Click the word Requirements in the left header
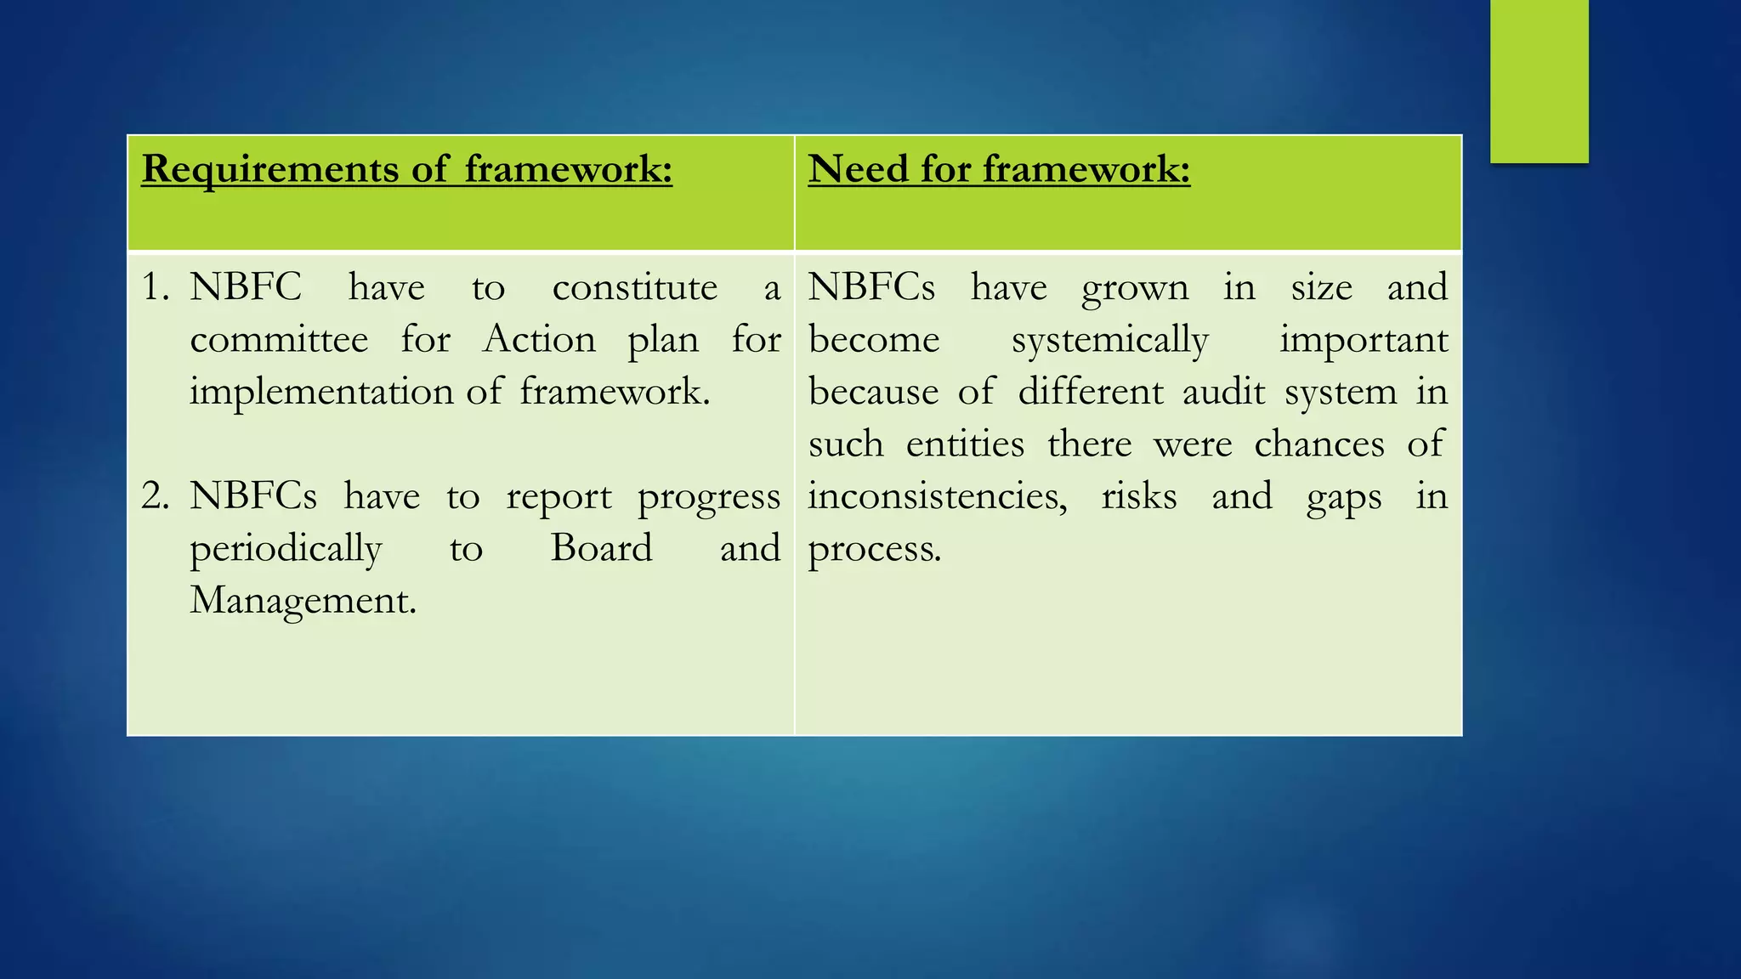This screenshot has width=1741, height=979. coord(269,169)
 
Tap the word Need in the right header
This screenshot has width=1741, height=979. coord(857,168)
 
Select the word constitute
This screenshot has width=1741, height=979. coord(634,288)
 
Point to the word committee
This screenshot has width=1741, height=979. coord(279,340)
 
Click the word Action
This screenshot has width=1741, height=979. coord(539,340)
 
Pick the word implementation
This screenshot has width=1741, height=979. coord(321,392)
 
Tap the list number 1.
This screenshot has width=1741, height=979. coord(155,288)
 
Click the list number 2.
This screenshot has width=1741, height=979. coord(155,496)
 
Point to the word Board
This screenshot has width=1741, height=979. coord(601,548)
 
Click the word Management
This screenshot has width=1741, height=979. coord(303,601)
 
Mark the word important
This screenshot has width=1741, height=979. coord(1363,341)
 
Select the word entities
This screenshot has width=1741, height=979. coord(965,444)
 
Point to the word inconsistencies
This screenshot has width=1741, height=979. coord(937,496)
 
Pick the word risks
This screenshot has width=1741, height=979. coord(1139,496)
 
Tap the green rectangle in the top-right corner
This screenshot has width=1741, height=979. coord(1539,82)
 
